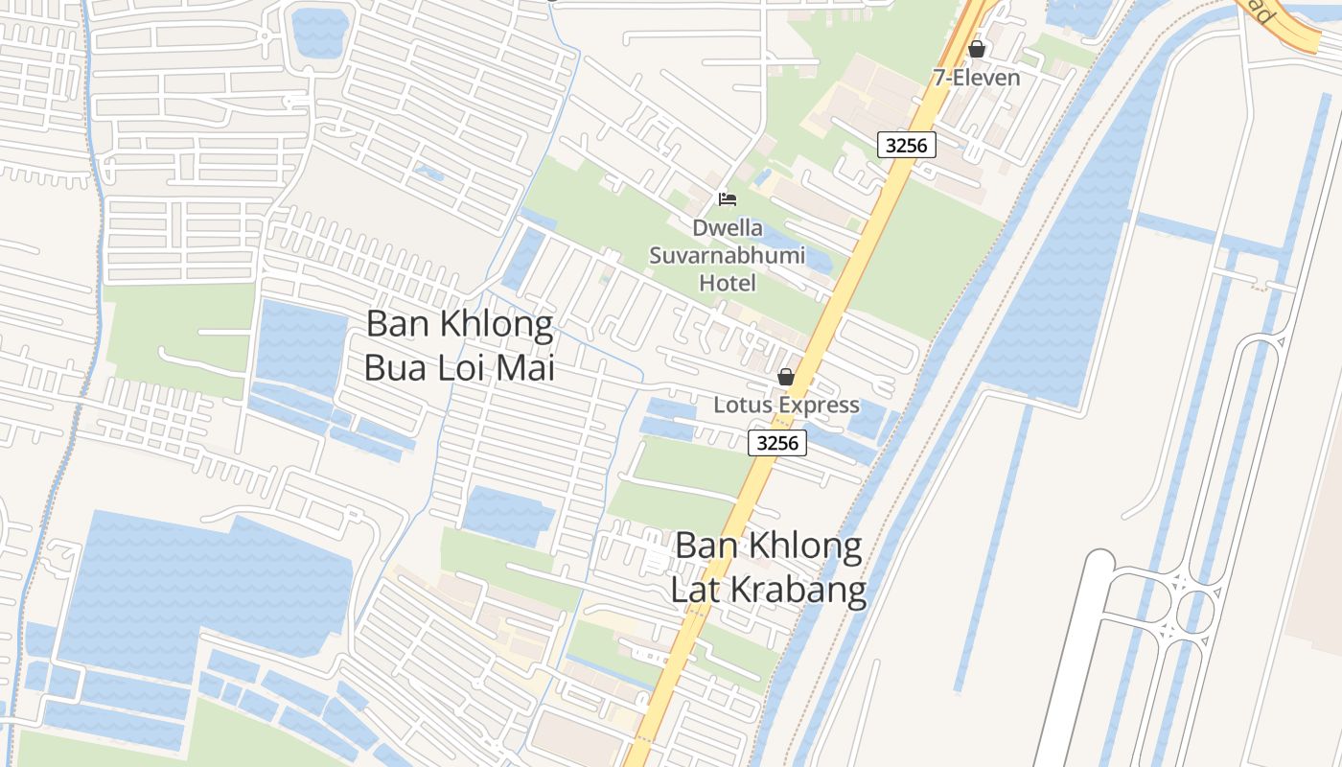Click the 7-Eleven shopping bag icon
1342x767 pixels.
977,48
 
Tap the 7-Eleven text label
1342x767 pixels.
977,78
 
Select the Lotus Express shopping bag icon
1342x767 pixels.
786,377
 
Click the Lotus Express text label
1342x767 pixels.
786,405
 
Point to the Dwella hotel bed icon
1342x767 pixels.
728,199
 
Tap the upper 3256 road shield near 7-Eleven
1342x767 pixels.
906,145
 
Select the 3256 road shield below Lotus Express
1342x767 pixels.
776,443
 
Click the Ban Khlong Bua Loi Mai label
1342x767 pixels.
460,345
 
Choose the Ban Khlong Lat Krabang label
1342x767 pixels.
769,568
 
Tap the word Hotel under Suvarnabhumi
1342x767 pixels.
728,283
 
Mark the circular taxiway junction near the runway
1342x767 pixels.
1194,608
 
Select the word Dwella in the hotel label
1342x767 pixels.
729,228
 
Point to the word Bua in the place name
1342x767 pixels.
395,368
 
